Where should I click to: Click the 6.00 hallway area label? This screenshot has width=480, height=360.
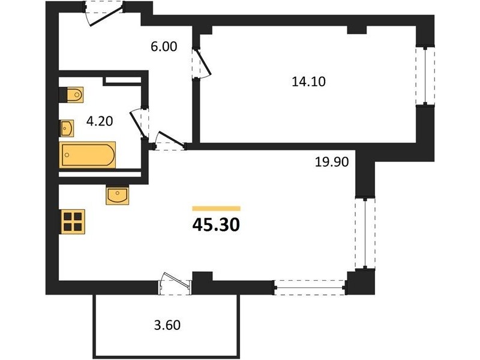[164, 47]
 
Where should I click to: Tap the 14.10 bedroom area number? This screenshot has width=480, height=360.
[308, 82]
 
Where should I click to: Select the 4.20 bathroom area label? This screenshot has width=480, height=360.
[100, 122]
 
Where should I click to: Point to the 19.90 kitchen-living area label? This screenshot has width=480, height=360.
[332, 161]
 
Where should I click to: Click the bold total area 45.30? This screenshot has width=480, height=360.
[216, 226]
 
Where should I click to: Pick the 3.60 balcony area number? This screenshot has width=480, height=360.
[167, 325]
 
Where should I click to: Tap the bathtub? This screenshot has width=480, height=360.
[88, 155]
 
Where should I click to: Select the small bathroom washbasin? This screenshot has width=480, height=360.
[67, 128]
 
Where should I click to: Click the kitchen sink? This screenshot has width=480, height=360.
[118, 196]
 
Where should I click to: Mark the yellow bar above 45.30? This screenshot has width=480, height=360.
[216, 209]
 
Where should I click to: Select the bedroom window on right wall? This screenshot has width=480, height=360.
[425, 76]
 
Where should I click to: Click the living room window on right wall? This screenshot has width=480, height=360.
[365, 233]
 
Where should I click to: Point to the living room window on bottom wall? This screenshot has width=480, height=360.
[310, 288]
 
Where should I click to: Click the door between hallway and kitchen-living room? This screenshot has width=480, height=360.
[170, 142]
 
